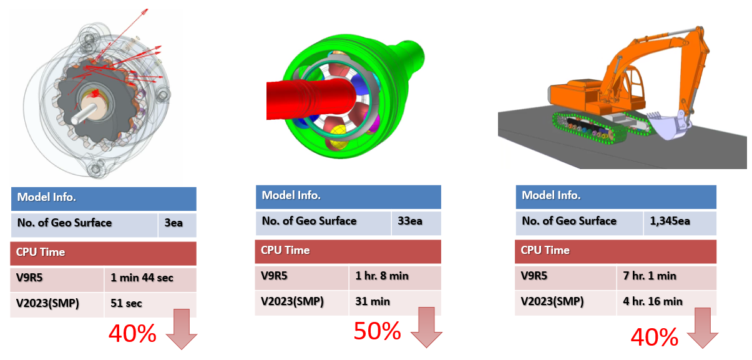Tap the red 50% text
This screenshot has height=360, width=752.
click(377, 331)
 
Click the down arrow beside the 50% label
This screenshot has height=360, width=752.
click(426, 327)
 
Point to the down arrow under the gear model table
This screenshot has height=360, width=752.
click(182, 330)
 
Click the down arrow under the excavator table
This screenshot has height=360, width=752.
click(701, 329)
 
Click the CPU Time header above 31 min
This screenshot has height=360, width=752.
click(348, 251)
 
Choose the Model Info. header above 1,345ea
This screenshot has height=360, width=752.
click(615, 196)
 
